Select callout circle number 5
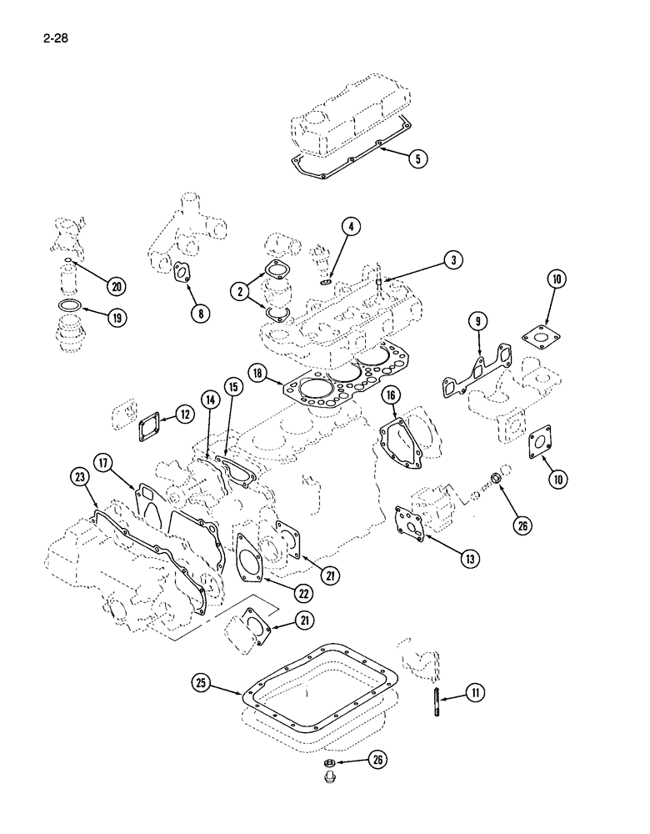tap(420, 158)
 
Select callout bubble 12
tap(184, 414)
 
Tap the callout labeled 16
tap(392, 395)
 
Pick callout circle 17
tap(103, 461)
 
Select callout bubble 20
tap(116, 286)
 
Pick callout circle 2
tap(242, 291)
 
